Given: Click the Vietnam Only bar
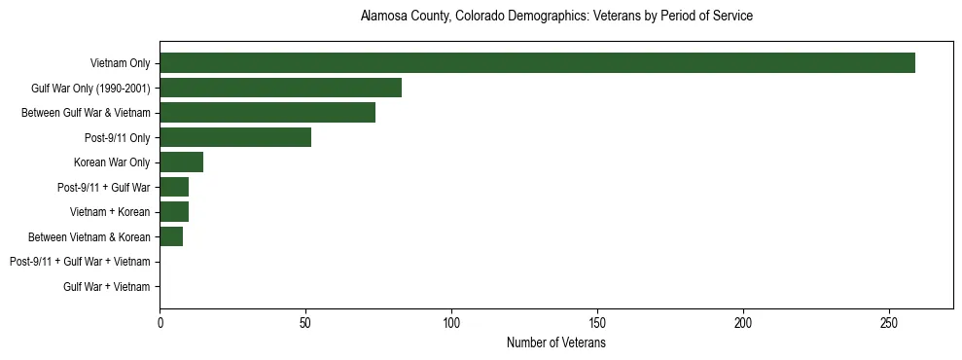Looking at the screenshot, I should pos(537,63).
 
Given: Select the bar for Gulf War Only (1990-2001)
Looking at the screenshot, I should pos(280,88).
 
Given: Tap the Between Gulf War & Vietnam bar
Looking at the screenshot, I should pos(267,113).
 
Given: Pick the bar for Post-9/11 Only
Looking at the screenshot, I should pos(235,137).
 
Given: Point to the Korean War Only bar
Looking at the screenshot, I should pos(181,162).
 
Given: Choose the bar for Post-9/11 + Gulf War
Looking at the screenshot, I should pos(174,187).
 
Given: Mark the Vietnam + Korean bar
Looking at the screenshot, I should pos(174,212).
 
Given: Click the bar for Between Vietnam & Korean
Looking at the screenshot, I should pos(171,236).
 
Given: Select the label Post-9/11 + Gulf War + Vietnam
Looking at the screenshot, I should pos(80,262).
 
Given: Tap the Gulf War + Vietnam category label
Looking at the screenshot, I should pos(107,287).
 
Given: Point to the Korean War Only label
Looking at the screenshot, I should pos(112,162).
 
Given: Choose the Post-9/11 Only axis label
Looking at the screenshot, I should pos(118,138).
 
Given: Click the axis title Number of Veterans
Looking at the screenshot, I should pos(556,343).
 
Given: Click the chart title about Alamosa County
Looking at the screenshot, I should pos(556,17).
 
